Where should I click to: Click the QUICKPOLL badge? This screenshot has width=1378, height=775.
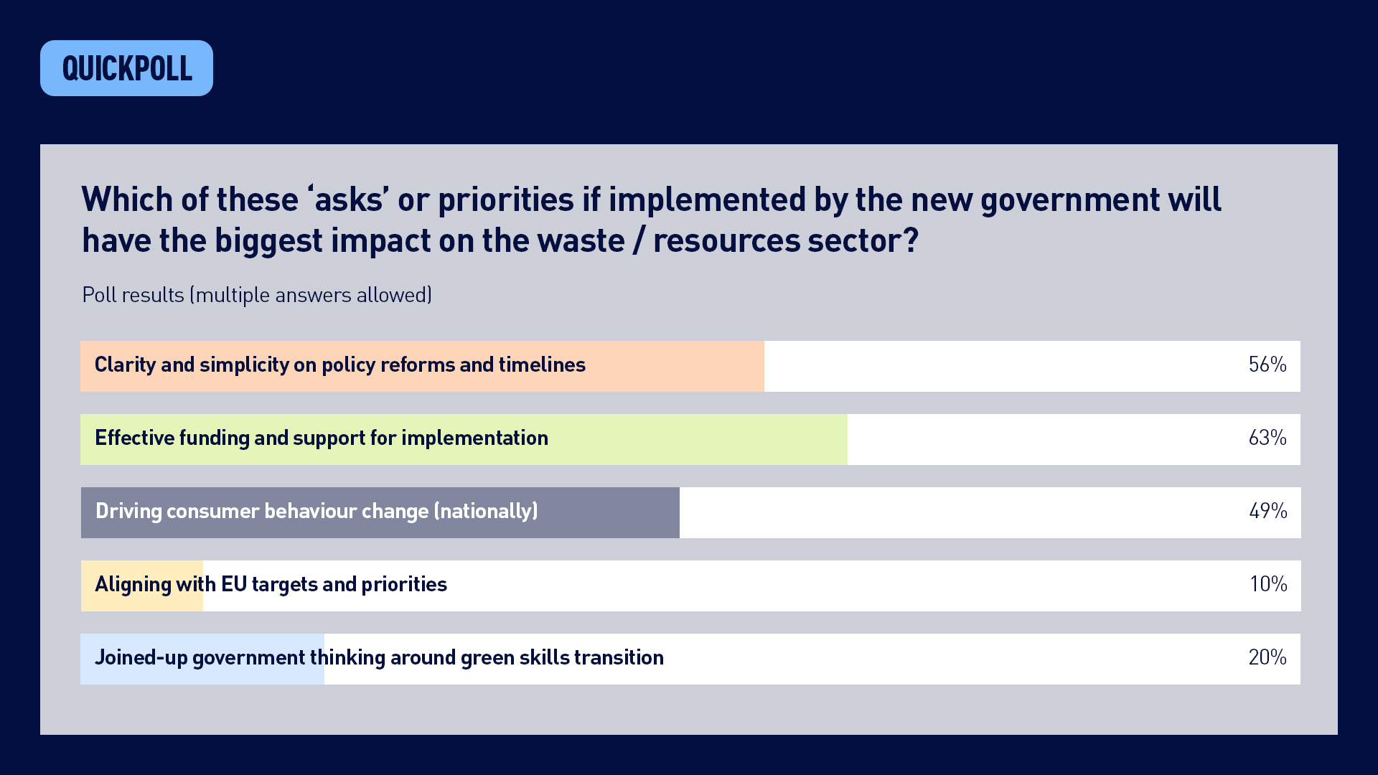pyautogui.click(x=126, y=68)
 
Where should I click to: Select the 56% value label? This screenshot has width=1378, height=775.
pyautogui.click(x=1267, y=365)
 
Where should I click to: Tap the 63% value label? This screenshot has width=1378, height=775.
pyautogui.click(x=1267, y=438)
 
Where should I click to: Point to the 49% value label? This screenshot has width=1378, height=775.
pyautogui.click(x=1267, y=511)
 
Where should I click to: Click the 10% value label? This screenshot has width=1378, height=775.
pyautogui.click(x=1268, y=584)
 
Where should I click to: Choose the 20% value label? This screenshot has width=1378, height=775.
pyautogui.click(x=1267, y=657)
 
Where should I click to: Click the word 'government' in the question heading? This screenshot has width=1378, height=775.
pyautogui.click(x=1069, y=200)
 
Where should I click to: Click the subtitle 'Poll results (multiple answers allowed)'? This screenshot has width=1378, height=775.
pyautogui.click(x=257, y=295)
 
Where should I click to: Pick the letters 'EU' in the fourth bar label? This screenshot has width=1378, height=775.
pyautogui.click(x=234, y=584)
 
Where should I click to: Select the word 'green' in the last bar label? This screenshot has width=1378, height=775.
pyautogui.click(x=487, y=657)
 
